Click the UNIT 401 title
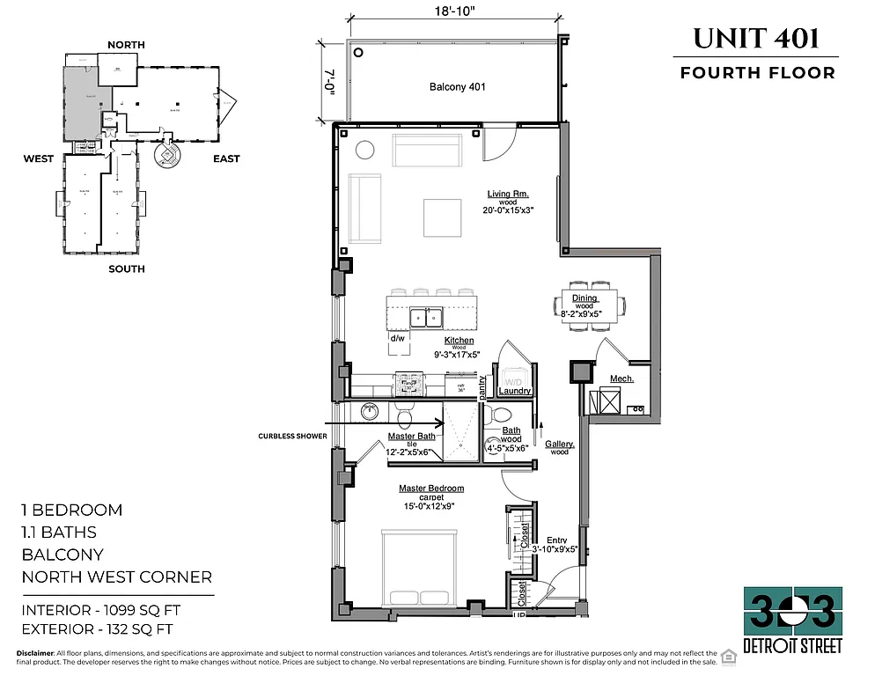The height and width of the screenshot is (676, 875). (x=756, y=38)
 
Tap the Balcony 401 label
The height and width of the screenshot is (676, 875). (x=457, y=87)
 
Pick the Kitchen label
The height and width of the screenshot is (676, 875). (x=459, y=340)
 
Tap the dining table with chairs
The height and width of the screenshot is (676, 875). (x=589, y=305)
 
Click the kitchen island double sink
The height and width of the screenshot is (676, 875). (x=428, y=316)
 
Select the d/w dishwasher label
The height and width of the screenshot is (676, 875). (x=398, y=338)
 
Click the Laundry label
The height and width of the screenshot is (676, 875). (x=513, y=391)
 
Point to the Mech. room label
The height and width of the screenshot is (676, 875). (x=622, y=380)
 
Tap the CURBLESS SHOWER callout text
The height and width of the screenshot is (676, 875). (x=293, y=436)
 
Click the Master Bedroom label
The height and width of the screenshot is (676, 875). (x=430, y=489)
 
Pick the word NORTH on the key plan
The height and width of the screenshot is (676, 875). (x=126, y=44)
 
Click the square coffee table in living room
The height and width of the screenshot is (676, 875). (x=442, y=217)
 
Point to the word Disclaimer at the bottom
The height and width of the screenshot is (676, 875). (x=33, y=652)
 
